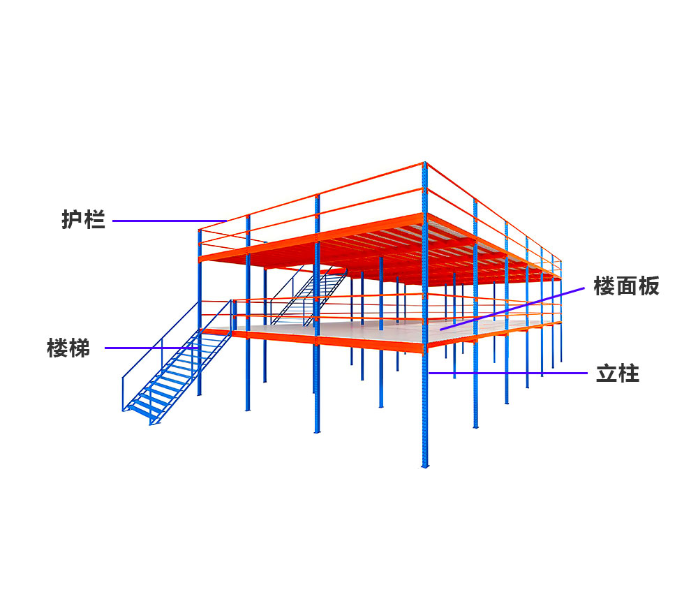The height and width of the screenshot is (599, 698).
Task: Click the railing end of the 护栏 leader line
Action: coord(227,221)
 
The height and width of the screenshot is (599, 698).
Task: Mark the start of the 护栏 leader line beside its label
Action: coord(113,221)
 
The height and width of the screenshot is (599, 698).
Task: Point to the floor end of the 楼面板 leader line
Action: coord(440,329)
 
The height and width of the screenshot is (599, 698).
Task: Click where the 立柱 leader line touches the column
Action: coord(429,373)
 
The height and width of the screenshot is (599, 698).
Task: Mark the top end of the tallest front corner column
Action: coord(424,163)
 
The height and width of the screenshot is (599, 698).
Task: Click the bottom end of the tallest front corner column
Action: coord(425,467)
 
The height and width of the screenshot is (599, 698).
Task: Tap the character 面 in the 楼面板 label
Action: coord(626,286)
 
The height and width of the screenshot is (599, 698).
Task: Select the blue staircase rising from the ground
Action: coord(177,362)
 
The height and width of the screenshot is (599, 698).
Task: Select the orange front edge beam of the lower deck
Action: coord(311,340)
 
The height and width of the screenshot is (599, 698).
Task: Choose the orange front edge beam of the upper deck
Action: coord(311,237)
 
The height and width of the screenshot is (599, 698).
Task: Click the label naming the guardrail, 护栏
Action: coord(83,220)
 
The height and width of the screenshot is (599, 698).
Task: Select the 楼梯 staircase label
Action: coord(68,348)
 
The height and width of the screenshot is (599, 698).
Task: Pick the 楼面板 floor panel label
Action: coord(626,286)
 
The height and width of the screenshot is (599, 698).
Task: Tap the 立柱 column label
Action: coord(618,374)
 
